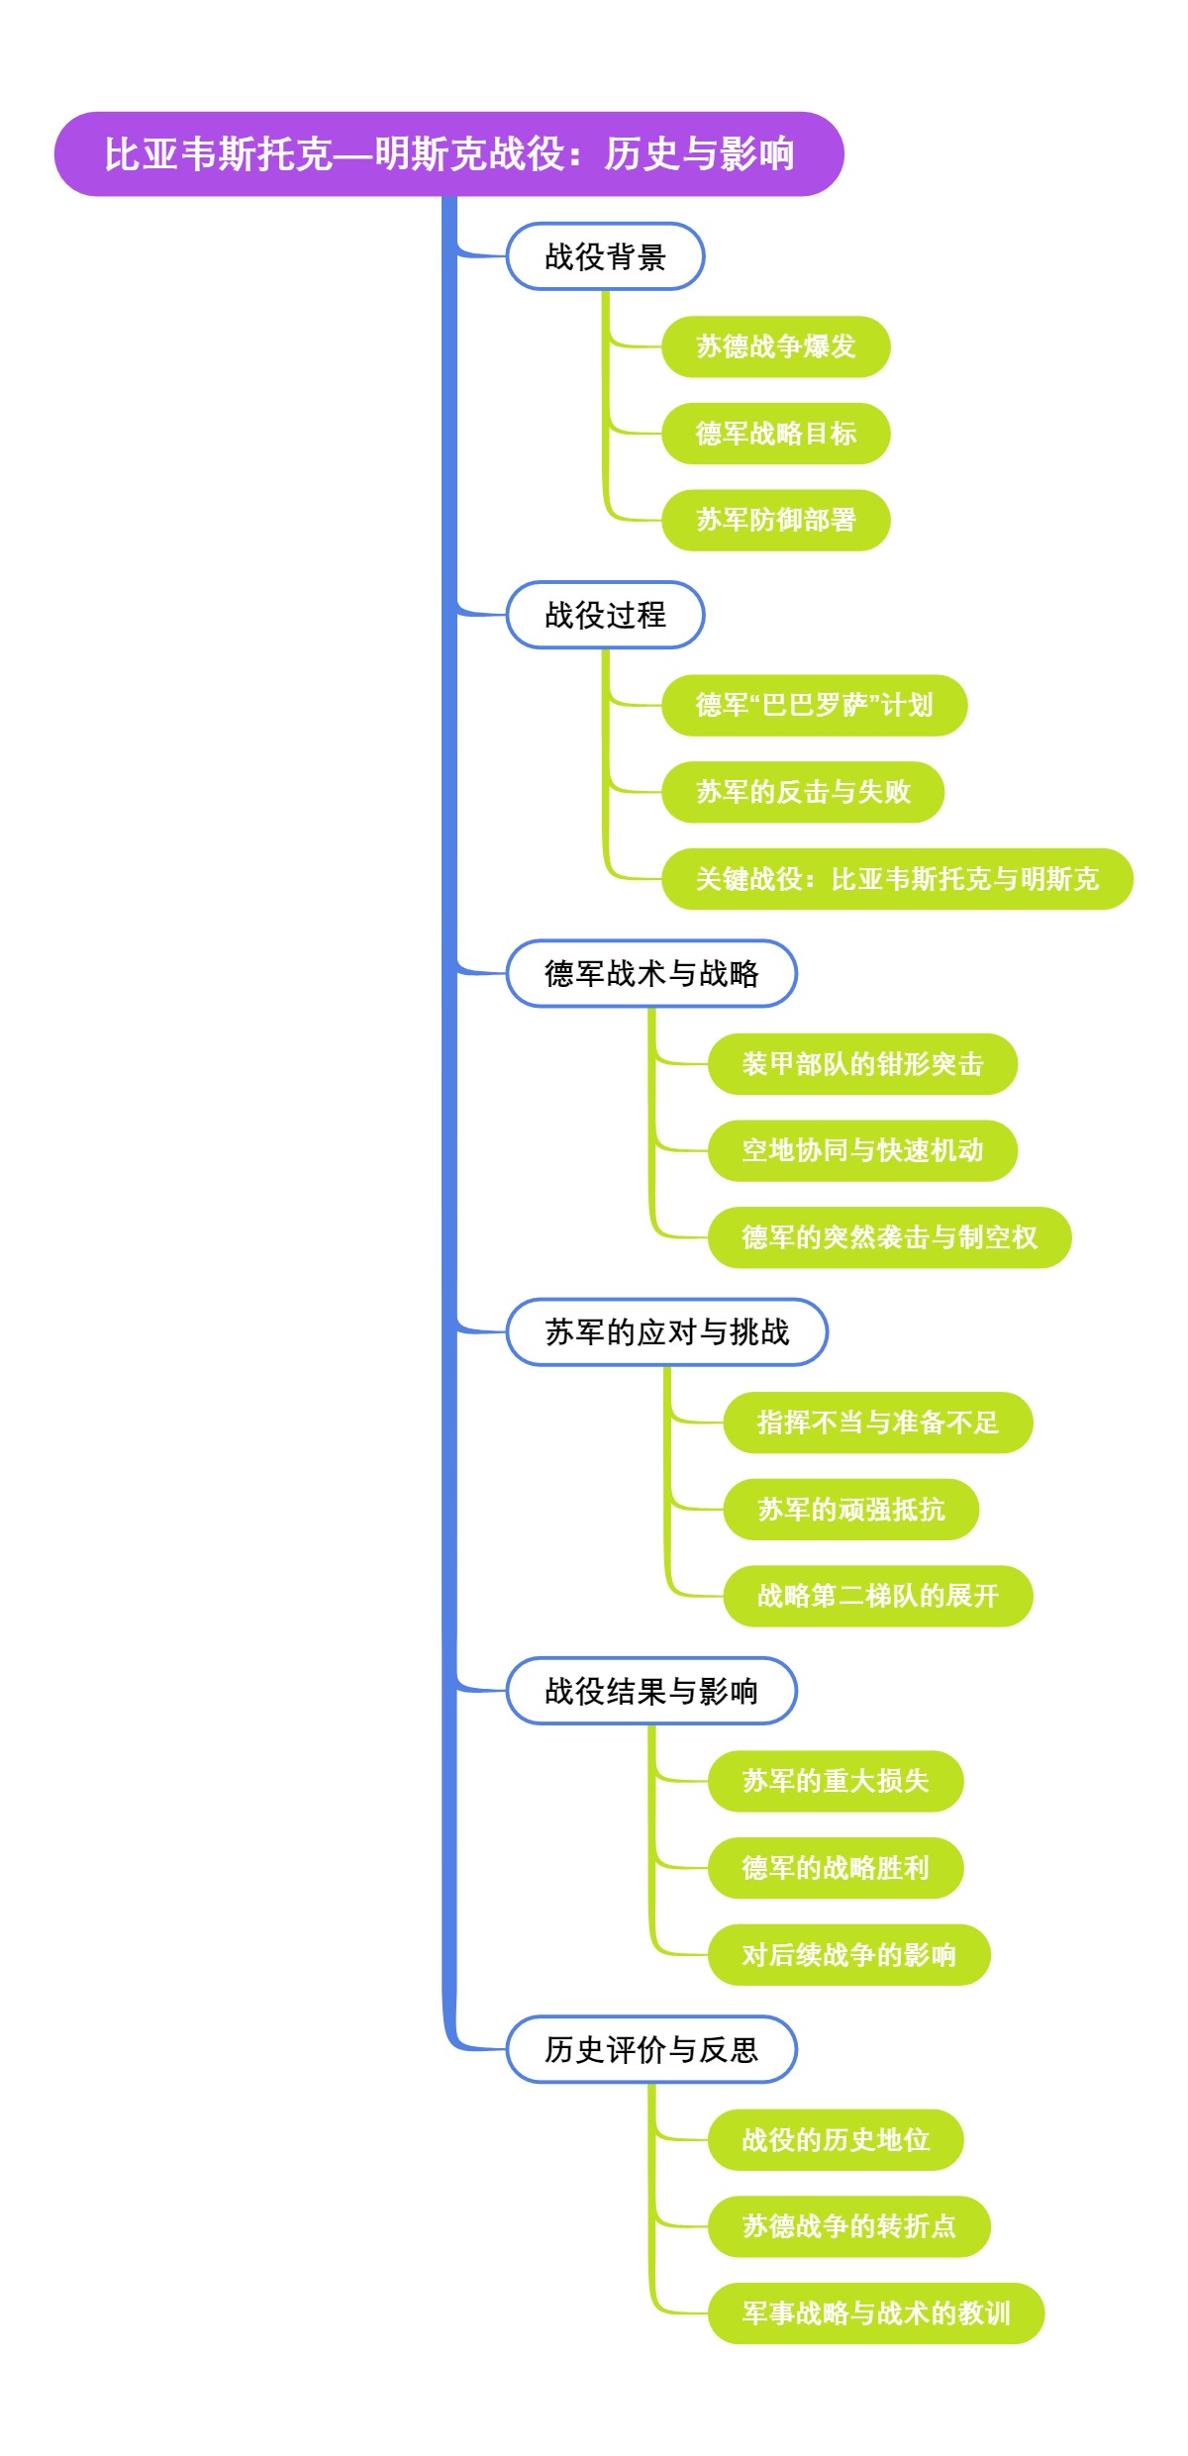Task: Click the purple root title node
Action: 448,153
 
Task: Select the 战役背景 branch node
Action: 605,256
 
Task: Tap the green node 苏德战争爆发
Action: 775,346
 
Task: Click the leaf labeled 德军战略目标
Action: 775,434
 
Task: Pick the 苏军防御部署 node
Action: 775,520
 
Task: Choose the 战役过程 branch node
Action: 605,615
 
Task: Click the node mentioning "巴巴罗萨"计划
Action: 814,705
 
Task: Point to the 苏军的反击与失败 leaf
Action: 802,792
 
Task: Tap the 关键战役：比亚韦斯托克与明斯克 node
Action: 897,879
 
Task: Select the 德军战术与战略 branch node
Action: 651,973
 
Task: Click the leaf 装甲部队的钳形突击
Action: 862,1064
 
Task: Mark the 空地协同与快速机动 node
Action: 862,1150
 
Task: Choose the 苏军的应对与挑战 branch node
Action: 666,1332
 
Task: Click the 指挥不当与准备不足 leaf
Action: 877,1423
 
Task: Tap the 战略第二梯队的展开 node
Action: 877,1596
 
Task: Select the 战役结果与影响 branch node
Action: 651,1691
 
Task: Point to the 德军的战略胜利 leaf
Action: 835,1868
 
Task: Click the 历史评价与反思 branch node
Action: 651,2049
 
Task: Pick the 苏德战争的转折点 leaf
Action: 848,2226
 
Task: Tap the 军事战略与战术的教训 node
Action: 875,2313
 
